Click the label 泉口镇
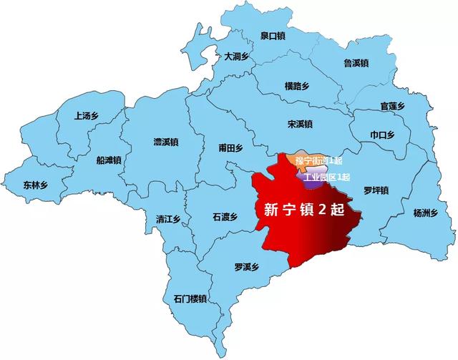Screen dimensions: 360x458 point(272,34)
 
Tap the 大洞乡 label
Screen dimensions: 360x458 point(236,56)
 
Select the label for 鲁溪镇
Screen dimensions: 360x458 point(356,63)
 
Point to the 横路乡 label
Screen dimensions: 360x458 point(297,86)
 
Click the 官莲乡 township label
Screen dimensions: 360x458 point(393,106)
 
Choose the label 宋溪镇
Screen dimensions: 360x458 point(300,124)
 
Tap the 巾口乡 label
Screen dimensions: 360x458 point(383,134)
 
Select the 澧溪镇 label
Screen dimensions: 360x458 point(165,142)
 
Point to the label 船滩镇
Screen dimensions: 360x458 point(108,160)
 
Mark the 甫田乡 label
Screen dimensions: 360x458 point(231,148)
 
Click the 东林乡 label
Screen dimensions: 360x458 point(34,184)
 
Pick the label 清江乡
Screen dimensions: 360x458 point(169,219)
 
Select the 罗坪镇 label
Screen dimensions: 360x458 point(375,190)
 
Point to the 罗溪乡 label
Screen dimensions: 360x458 point(246,268)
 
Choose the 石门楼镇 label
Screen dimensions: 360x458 point(190,298)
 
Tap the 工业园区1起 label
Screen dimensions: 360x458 point(326,177)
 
